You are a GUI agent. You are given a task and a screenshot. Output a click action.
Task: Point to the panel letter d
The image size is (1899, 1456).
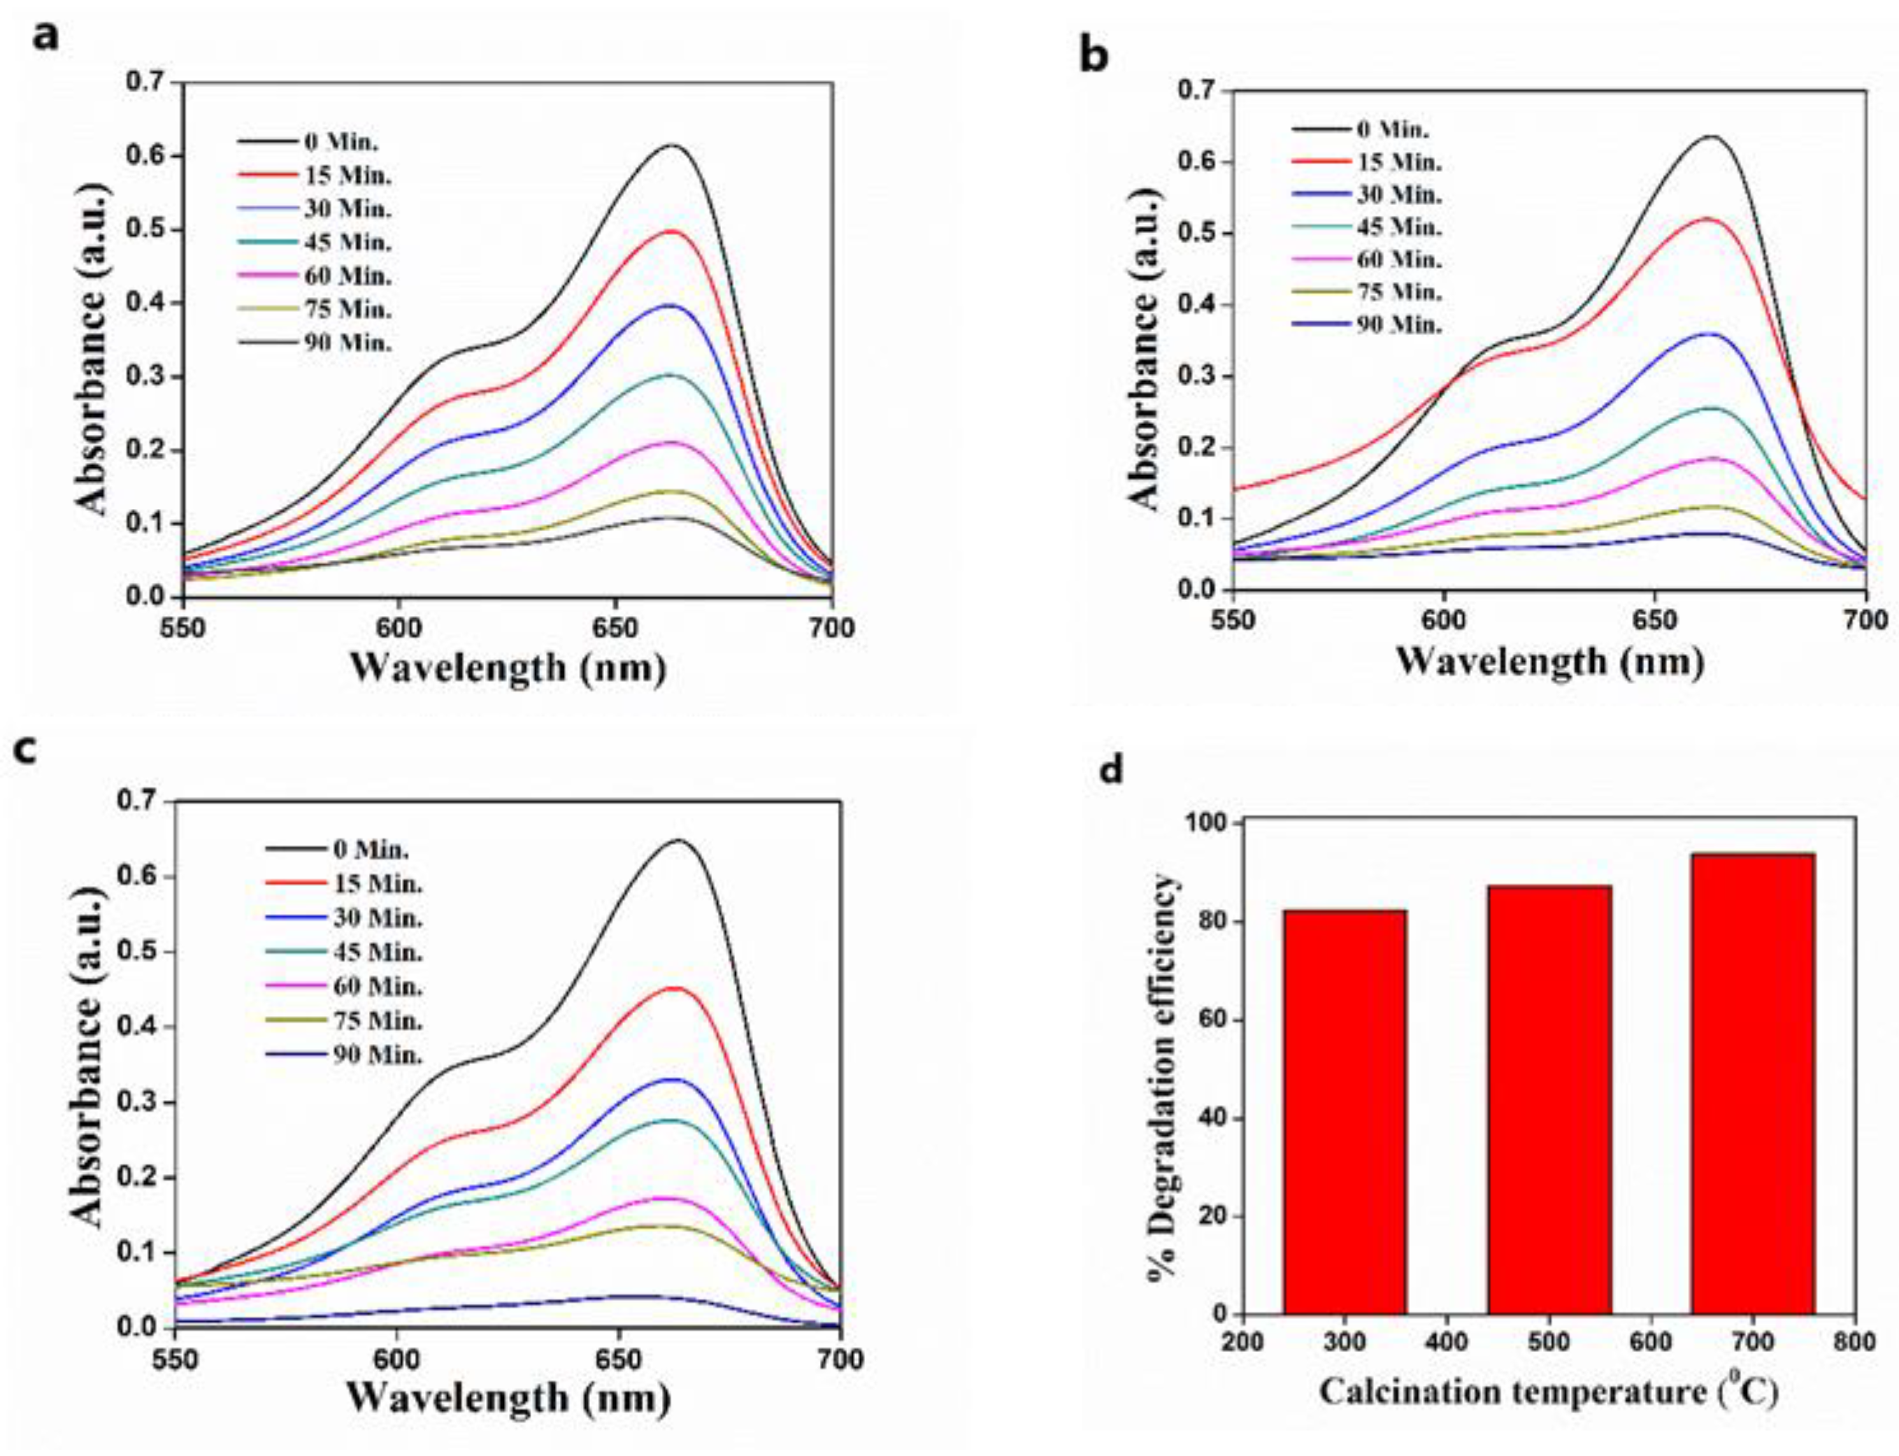click(x=1110, y=769)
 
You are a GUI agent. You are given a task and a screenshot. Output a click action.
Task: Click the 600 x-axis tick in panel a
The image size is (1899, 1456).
click(x=399, y=625)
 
